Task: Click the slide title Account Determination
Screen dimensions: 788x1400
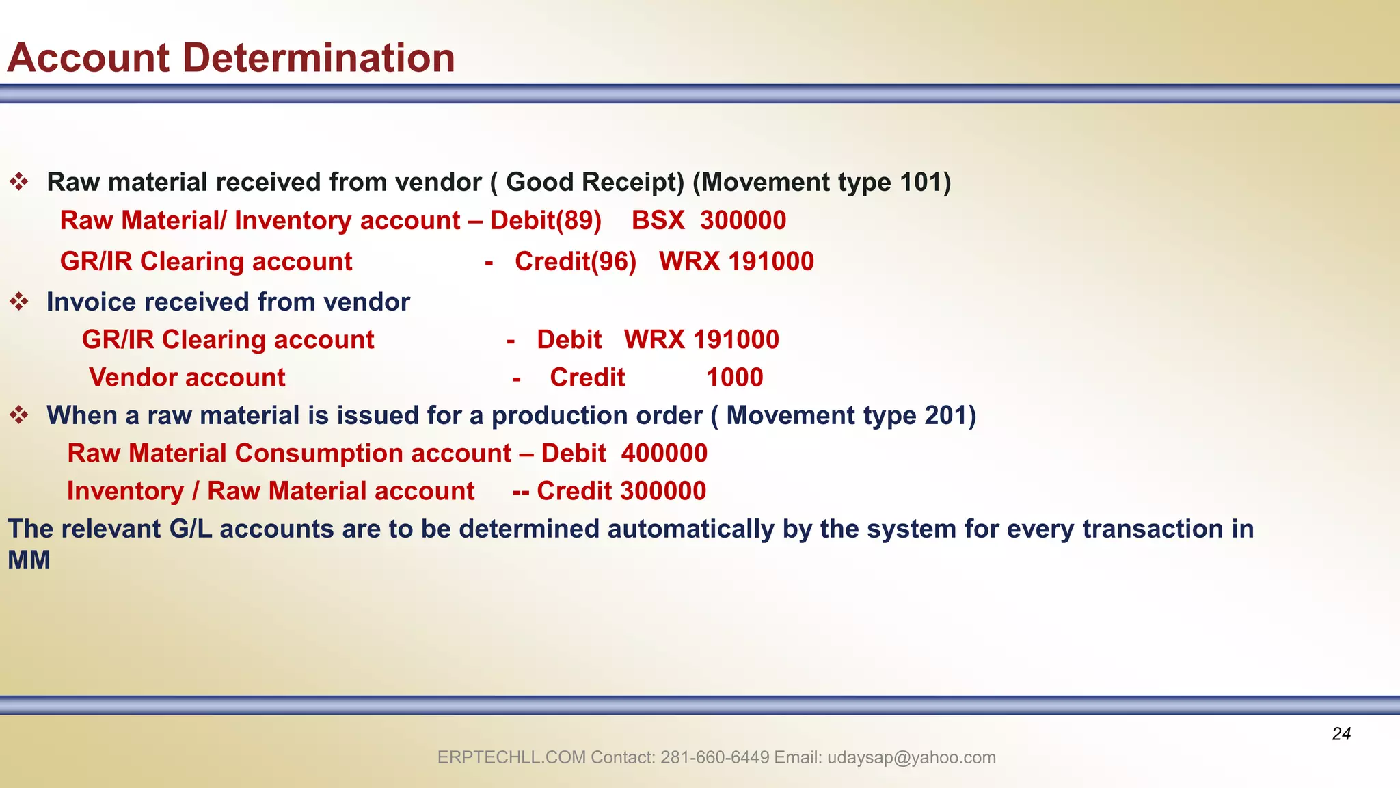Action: [231, 58]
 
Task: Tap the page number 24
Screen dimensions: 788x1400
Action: [1341, 734]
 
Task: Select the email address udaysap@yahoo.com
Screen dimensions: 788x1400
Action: [911, 758]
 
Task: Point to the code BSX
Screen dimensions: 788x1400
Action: [658, 221]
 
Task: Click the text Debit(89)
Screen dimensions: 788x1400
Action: [546, 221]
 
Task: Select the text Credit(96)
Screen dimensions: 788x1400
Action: [576, 262]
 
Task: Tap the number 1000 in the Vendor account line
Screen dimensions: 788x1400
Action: [734, 378]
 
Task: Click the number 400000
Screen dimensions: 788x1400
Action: [664, 454]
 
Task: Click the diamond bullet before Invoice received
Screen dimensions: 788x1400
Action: [19, 302]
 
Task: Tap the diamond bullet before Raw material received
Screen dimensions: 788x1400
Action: [19, 182]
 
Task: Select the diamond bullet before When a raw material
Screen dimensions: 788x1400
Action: [19, 415]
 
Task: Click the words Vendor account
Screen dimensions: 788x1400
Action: [187, 378]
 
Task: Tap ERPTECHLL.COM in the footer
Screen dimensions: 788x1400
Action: [511, 758]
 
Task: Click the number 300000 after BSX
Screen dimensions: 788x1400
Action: [742, 221]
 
